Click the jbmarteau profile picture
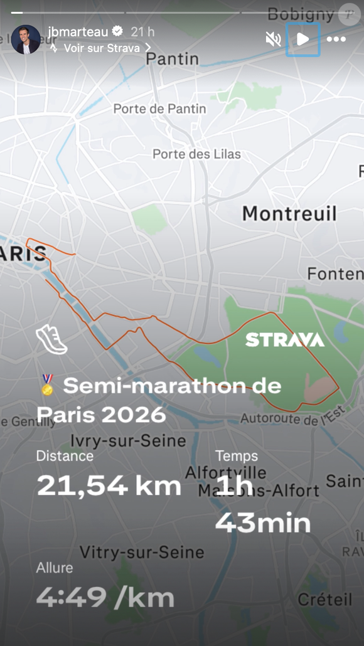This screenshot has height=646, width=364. coord(25,40)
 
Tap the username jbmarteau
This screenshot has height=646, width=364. coord(77,31)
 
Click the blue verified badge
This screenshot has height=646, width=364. coord(117,31)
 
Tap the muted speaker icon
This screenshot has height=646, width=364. coord(273,40)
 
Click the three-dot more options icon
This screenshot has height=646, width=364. coord(336,40)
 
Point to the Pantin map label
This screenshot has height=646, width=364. coord(172,60)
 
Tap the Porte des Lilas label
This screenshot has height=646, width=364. coord(196,154)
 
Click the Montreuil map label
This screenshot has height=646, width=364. coord(289,213)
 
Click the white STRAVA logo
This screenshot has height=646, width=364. coord(285,340)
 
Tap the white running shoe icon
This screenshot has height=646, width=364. coord(51,339)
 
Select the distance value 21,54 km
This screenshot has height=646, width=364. coord(109,486)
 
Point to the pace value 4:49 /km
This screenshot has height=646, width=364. coord(105,597)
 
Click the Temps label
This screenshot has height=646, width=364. coord(237,456)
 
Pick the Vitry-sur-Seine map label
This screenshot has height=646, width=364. coord(142,553)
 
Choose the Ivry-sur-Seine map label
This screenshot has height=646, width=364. coord(128,440)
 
